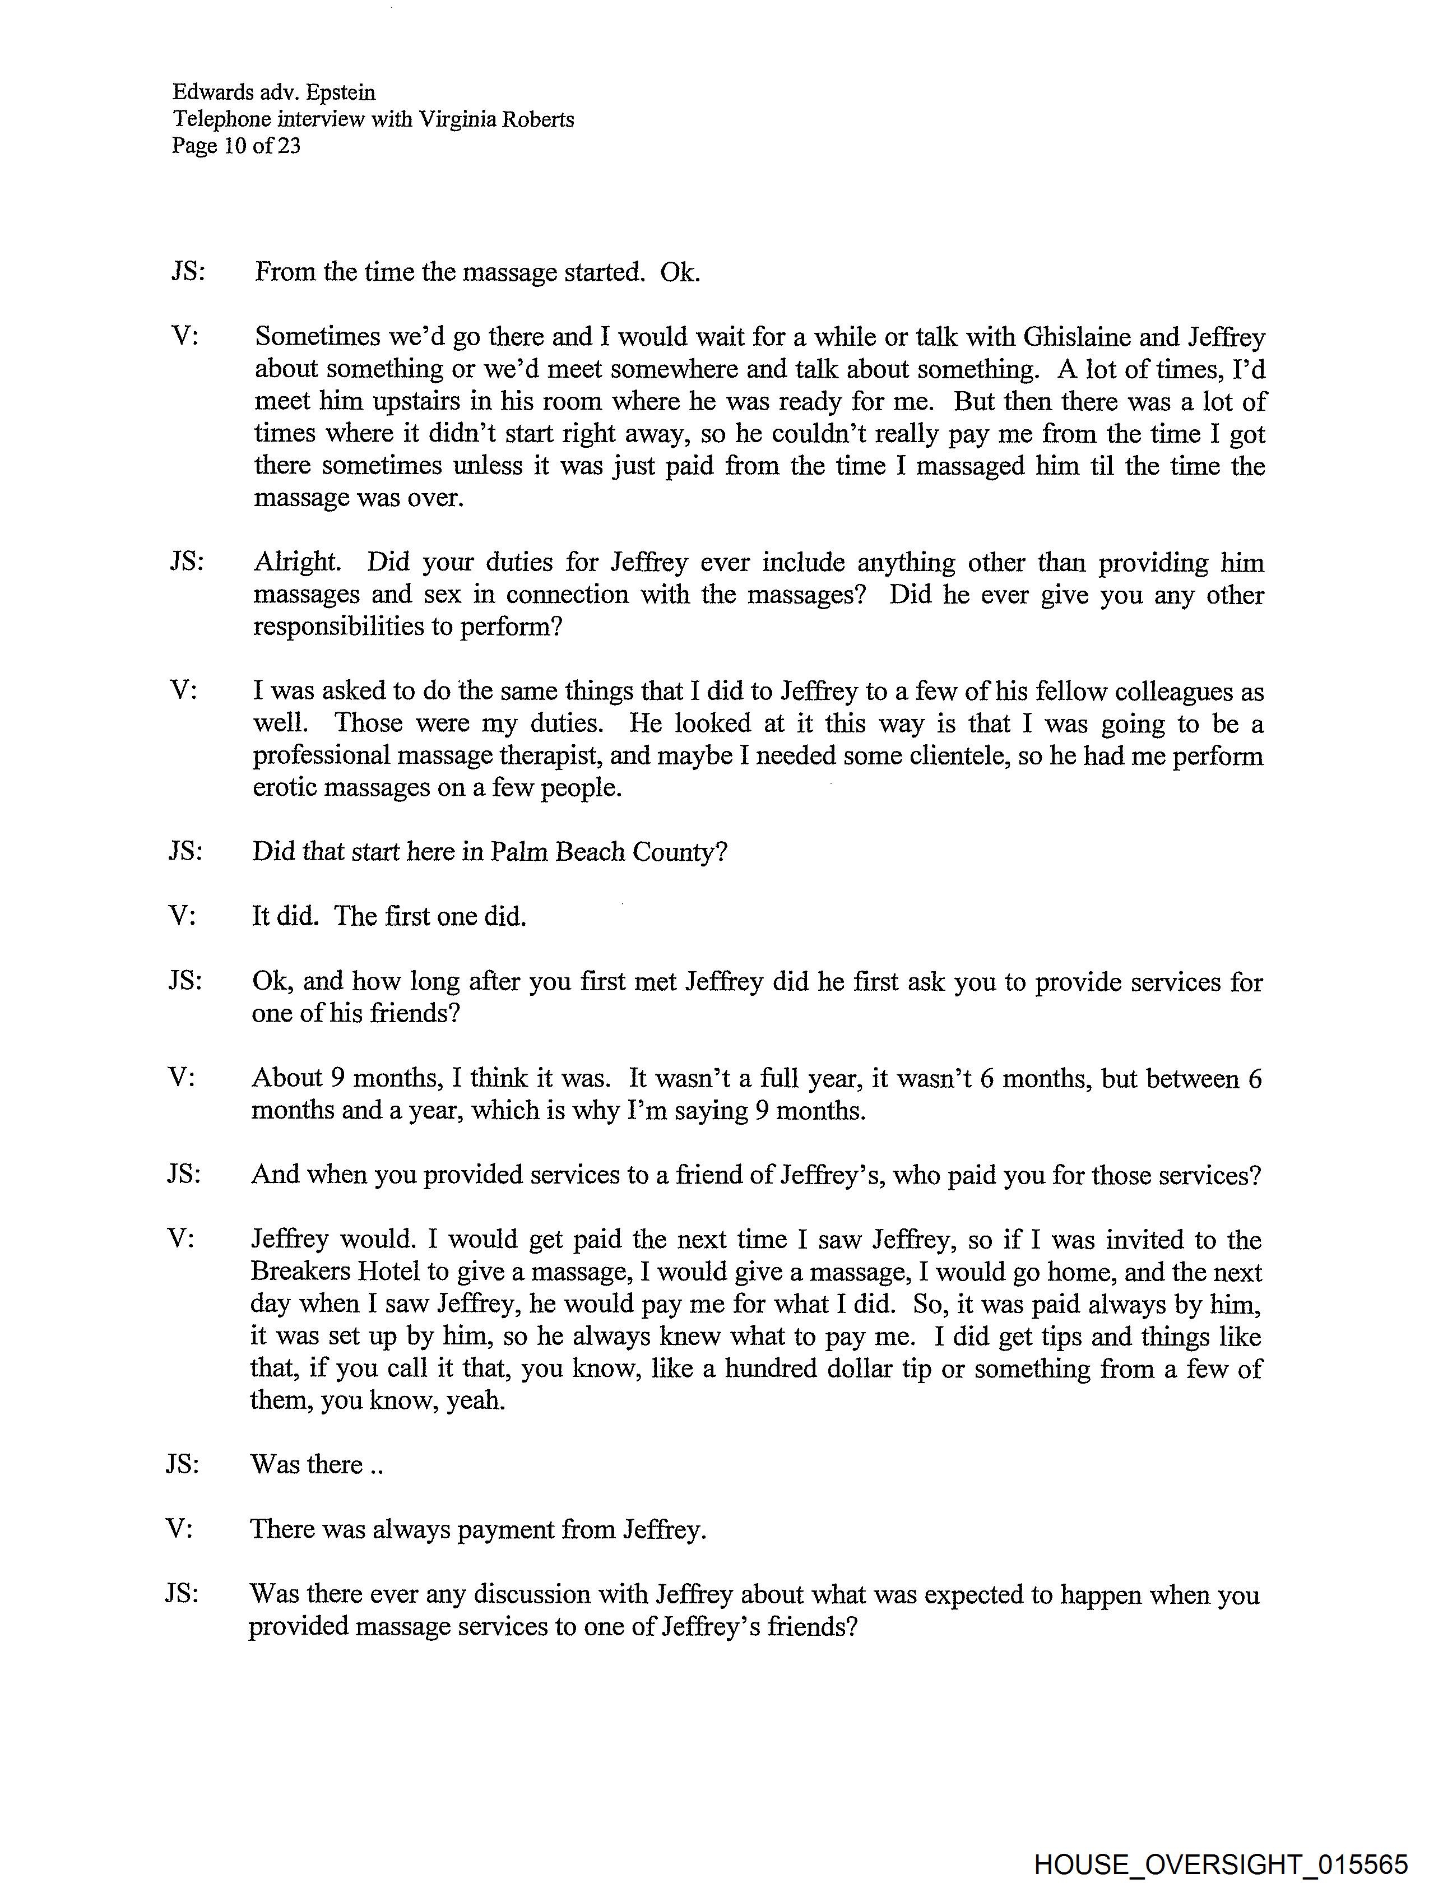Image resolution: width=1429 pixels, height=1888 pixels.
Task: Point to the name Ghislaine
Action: point(1085,337)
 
